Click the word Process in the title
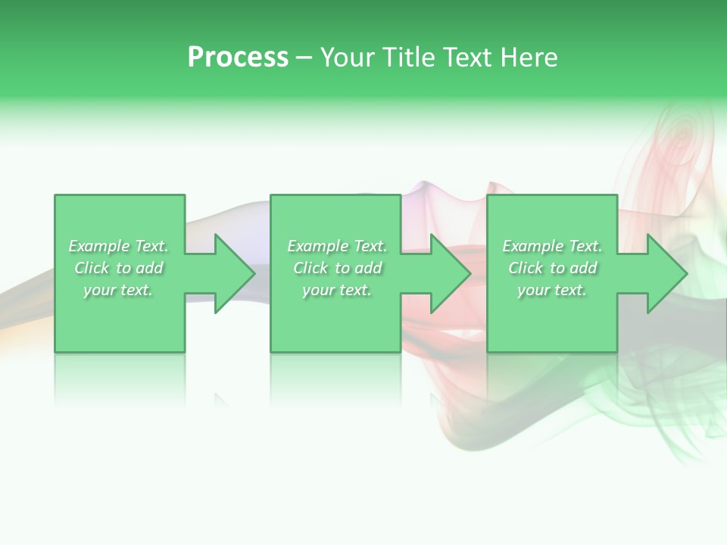pyautogui.click(x=238, y=58)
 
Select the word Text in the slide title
pyautogui.click(x=466, y=58)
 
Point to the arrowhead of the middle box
pyautogui.click(x=451, y=273)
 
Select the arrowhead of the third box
pyautogui.click(x=666, y=273)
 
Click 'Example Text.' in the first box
pyautogui.click(x=118, y=246)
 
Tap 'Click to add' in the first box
pyautogui.click(x=118, y=268)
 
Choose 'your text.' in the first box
pyautogui.click(x=118, y=290)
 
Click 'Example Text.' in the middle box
pyautogui.click(x=337, y=246)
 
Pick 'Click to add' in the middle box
pyautogui.click(x=337, y=268)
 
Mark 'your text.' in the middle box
pyautogui.click(x=337, y=290)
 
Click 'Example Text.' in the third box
pyautogui.click(x=552, y=246)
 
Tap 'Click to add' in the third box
pyautogui.click(x=552, y=268)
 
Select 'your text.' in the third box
pyautogui.click(x=552, y=290)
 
